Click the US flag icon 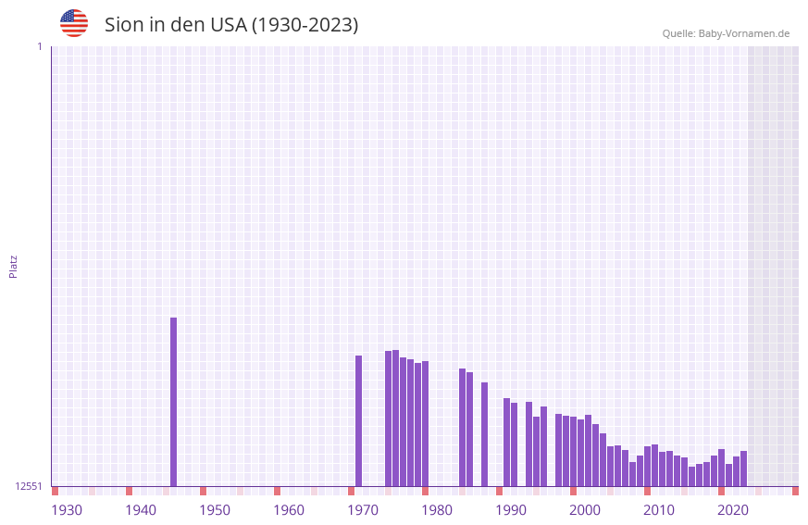click(74, 23)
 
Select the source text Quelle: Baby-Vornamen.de click(726, 33)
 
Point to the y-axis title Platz click(13, 266)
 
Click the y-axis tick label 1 click(39, 46)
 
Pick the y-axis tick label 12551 click(29, 486)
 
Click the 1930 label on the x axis click(67, 509)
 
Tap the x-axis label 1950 click(215, 509)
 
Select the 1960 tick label click(289, 509)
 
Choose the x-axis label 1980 click(437, 509)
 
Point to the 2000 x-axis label click(585, 509)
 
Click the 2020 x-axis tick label click(733, 509)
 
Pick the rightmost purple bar click(743, 469)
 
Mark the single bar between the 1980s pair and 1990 click(484, 434)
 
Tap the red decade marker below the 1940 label click(129, 491)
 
